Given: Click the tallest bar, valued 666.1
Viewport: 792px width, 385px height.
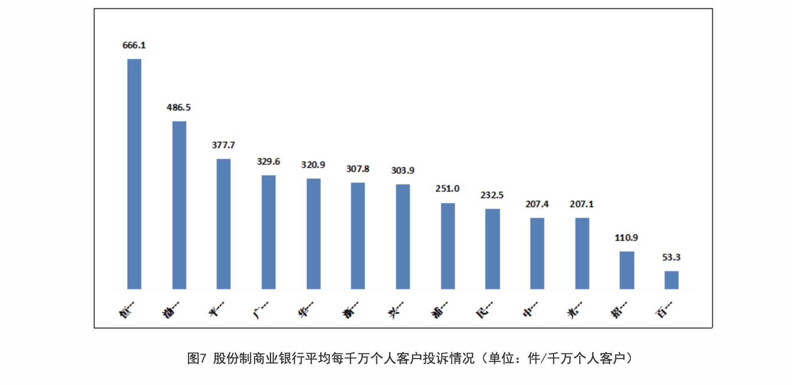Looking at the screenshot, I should tap(134, 174).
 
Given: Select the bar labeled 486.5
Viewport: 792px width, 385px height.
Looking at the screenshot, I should tap(179, 205).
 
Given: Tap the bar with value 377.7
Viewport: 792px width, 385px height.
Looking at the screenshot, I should tap(224, 224).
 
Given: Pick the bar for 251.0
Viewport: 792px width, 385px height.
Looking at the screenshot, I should tap(448, 246).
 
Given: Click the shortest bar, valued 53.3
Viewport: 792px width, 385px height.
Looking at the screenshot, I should tap(671, 280).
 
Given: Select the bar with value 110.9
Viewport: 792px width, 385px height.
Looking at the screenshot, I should tap(627, 270).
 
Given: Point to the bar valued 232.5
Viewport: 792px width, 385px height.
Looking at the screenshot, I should tap(492, 249).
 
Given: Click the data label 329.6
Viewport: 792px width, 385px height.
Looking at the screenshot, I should tap(268, 162).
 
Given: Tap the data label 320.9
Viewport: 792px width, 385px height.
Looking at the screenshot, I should tap(313, 165).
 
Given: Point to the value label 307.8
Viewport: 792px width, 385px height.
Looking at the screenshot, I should tap(358, 169).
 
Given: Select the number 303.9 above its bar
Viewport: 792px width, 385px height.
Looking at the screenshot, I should tap(403, 171).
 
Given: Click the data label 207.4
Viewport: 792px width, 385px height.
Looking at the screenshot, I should tap(537, 204).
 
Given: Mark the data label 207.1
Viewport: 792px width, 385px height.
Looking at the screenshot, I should tap(582, 204).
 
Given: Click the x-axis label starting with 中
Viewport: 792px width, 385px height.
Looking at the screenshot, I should tap(530, 310).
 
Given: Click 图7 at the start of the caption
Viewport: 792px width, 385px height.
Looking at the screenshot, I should tap(197, 358).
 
